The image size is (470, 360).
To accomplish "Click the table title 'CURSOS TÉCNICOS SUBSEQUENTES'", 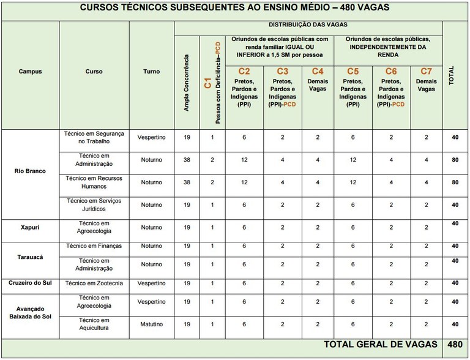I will point(234,9).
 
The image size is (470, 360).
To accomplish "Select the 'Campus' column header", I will point(30,71).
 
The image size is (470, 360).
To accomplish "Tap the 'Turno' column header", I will point(151,71).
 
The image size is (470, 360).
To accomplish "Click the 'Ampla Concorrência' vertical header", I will point(187,82).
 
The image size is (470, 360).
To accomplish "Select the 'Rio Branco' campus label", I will point(30,171).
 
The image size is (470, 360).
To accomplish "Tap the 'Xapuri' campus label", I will point(30,227).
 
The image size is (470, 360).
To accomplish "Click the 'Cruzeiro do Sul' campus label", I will point(30,283).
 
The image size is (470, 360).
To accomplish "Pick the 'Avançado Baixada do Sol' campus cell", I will point(30,312).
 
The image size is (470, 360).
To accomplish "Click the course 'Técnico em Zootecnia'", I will point(94,283).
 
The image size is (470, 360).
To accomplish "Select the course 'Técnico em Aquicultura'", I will point(94,324).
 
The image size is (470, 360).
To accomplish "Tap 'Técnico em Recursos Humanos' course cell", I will point(94,182).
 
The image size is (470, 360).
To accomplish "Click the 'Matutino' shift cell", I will point(151,324).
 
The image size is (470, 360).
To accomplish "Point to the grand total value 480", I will point(454,344).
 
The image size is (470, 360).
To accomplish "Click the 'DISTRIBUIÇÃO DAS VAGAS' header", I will point(308,25).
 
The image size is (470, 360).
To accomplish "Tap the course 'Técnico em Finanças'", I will point(94,246).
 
